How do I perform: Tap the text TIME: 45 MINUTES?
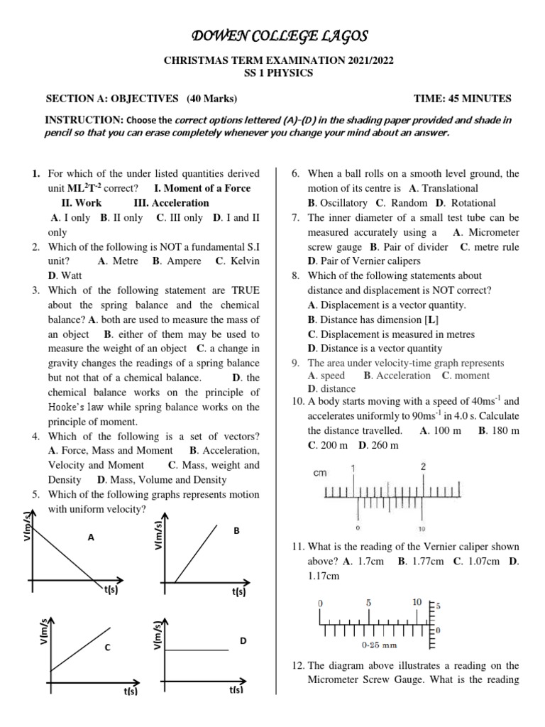pos(462,99)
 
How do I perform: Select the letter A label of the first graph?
pos(91,538)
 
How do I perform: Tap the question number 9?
pos(295,363)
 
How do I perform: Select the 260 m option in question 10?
pos(383,445)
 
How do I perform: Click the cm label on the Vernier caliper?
pos(321,473)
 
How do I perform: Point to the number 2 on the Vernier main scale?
pos(424,466)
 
